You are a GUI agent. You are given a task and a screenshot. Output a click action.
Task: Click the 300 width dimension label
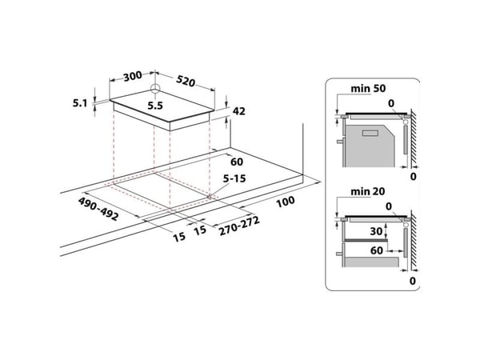click(x=133, y=76)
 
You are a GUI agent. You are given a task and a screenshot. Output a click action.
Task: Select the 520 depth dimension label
click(x=186, y=81)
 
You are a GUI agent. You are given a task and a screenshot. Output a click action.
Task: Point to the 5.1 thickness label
click(x=79, y=103)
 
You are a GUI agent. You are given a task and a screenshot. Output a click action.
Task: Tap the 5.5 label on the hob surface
click(x=155, y=106)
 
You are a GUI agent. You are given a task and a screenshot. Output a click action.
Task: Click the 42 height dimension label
click(x=238, y=111)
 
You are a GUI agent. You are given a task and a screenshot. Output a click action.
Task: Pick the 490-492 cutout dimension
click(x=98, y=209)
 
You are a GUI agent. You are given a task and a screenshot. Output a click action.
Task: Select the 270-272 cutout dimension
click(x=239, y=226)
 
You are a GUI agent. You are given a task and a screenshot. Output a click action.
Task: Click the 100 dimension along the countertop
click(x=286, y=202)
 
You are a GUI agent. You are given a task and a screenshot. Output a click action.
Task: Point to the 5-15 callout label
click(x=234, y=178)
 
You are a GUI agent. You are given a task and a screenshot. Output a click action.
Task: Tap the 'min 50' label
click(x=368, y=89)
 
